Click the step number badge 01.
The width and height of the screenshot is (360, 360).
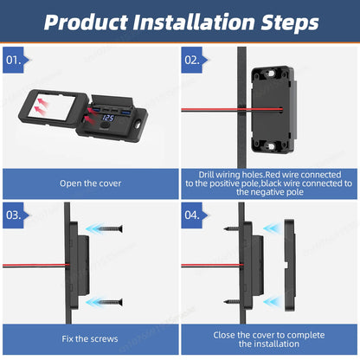pos(16,61)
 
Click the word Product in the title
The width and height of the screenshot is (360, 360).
pos(87,22)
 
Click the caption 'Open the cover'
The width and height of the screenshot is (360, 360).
pos(90,183)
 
